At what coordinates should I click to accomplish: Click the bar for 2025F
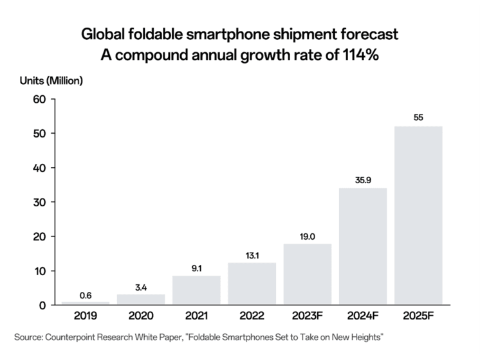418,215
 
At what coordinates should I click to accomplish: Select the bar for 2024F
362,246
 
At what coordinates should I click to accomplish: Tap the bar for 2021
196,290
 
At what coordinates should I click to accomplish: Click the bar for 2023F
307,274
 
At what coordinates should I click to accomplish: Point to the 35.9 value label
364,180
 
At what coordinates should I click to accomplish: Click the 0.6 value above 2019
85,295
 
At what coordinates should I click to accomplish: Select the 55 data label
418,118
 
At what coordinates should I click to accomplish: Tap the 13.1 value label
252,255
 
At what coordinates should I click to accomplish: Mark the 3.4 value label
140,287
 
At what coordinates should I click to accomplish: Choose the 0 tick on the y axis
41,305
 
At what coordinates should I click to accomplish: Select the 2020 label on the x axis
141,317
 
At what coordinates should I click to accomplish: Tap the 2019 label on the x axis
85,317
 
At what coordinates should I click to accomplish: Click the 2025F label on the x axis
418,317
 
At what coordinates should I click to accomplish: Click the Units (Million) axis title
53,81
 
